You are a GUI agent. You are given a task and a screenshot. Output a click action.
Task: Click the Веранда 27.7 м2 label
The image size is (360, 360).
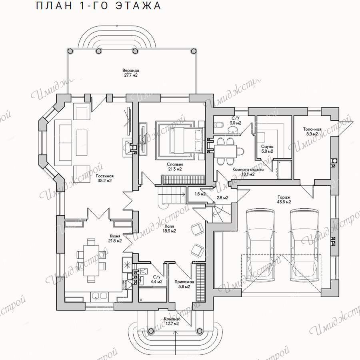pyautogui.click(x=131, y=73)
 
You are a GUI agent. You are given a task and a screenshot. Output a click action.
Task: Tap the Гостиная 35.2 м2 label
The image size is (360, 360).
pyautogui.click(x=104, y=178)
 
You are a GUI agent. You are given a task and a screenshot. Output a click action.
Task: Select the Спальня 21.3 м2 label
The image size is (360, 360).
pyautogui.click(x=175, y=167)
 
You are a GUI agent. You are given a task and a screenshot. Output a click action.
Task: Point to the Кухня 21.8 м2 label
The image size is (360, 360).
pyautogui.click(x=115, y=238)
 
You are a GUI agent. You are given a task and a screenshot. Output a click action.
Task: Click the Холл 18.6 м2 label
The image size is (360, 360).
pyautogui.click(x=170, y=229)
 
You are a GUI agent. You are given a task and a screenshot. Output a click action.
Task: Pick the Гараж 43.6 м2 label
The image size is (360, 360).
pyautogui.click(x=284, y=199)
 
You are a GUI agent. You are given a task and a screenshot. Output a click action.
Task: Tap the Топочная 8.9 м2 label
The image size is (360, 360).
pyautogui.click(x=312, y=131)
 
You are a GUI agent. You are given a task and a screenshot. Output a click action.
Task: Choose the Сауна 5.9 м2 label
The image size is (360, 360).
pyautogui.click(x=267, y=149)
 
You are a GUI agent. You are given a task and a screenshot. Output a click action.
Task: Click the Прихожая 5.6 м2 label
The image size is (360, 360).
pyautogui.click(x=184, y=284)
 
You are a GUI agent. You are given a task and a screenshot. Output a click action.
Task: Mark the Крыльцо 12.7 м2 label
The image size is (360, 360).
pyautogui.click(x=172, y=321)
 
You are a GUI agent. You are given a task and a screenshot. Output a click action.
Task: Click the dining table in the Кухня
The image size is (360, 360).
pyautogui.click(x=91, y=260)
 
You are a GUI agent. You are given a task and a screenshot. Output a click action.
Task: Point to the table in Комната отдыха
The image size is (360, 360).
pyautogui.click(x=225, y=151)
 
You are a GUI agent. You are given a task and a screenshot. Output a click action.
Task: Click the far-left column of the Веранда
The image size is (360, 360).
pyautogui.click(x=70, y=51)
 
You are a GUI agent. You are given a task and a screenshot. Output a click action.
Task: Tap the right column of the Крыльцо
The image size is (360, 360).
pyautogui.click(x=200, y=331)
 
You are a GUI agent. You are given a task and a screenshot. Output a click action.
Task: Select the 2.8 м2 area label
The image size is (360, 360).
pyautogui.click(x=222, y=197)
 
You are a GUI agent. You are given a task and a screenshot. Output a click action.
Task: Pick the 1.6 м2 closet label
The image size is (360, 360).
pyautogui.click(x=200, y=194)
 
